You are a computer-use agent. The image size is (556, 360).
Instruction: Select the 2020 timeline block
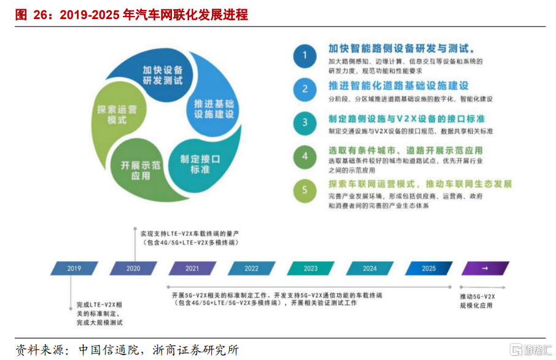[133, 268]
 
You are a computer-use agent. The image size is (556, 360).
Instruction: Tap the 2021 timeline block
[192, 268]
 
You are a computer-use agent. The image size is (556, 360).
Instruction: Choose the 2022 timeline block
[251, 268]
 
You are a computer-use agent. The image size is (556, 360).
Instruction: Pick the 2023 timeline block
[310, 268]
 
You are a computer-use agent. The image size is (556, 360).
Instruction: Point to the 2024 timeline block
[369, 268]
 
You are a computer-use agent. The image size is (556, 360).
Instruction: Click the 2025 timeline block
[428, 268]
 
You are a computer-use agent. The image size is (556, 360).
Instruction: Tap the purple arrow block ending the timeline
[485, 268]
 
